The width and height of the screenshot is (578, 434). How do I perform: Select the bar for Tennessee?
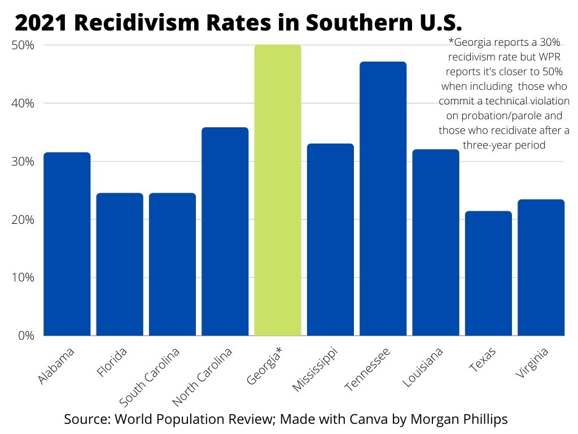383,198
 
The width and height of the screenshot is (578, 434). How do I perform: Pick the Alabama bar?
67,244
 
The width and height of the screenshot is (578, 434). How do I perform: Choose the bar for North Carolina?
225,231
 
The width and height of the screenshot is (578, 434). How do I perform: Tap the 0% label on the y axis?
26,336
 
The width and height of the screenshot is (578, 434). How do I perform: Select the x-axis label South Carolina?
150,376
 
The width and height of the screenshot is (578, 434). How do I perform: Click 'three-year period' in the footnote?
504,145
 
